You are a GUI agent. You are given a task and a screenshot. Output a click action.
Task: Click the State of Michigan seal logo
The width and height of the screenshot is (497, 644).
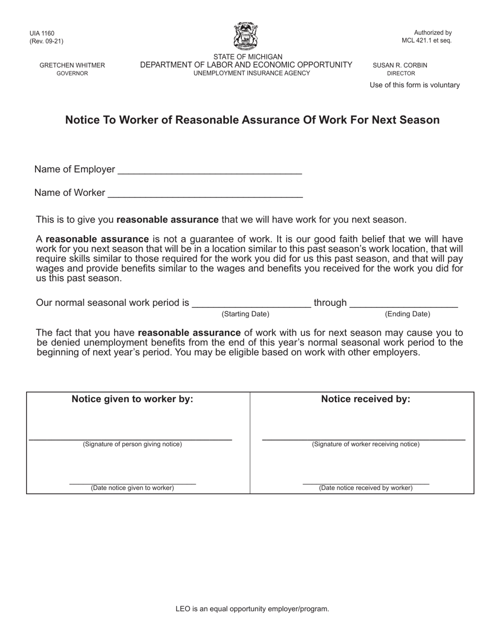tap(245, 36)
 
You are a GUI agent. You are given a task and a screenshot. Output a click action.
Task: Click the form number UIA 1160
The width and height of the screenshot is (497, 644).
tap(42, 34)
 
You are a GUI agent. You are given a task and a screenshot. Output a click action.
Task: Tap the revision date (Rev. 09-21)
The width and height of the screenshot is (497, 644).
tap(47, 41)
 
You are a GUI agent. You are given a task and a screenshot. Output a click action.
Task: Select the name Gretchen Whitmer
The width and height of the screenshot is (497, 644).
tap(72, 65)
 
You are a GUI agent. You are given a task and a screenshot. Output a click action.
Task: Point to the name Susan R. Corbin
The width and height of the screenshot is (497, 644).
tap(400, 65)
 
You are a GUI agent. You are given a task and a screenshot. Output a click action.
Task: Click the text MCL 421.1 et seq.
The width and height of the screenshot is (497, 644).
tap(426, 40)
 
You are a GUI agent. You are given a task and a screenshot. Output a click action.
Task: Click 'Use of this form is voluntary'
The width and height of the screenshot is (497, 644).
tap(414, 85)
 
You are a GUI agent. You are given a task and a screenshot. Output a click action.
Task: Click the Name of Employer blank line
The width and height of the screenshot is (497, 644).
tap(210, 170)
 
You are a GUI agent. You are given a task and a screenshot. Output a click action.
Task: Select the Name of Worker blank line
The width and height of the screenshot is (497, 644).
tap(205, 194)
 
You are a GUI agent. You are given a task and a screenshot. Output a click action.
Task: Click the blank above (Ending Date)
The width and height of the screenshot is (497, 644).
tap(403, 304)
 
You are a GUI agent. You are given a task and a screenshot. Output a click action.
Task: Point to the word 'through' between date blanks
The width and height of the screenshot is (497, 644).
tap(330, 303)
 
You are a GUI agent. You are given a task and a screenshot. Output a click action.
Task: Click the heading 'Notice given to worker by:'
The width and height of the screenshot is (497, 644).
tap(132, 399)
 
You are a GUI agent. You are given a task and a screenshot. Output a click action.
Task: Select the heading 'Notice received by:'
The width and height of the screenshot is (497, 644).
tap(365, 399)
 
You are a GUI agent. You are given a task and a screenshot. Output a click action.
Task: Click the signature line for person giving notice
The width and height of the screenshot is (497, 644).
tap(130, 439)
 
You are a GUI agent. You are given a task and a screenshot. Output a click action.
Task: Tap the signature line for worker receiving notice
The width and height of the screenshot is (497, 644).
tap(363, 439)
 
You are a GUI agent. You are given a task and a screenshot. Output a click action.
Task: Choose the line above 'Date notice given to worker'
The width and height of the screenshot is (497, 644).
tap(132, 483)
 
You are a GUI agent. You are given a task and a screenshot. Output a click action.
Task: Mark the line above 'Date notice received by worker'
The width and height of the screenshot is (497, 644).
tap(366, 483)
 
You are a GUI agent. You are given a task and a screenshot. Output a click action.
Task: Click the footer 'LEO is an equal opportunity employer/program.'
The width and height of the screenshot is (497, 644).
tap(252, 609)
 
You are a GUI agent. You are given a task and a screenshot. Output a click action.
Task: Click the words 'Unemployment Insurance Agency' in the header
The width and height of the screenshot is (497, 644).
tap(252, 73)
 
